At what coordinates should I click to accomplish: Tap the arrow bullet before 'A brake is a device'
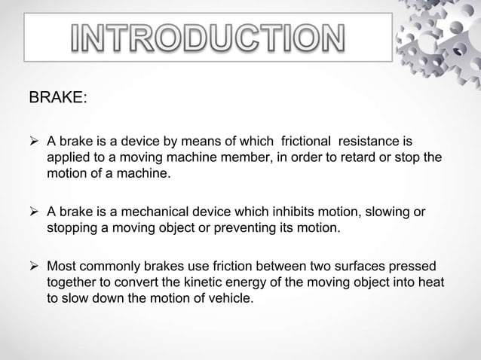35,142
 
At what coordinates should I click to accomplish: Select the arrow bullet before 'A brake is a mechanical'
35,213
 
